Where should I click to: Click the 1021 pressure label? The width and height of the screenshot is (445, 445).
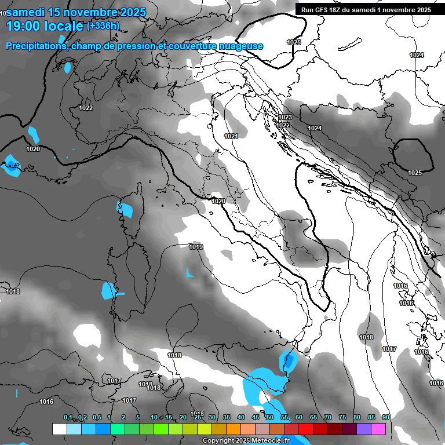[x=231, y=136]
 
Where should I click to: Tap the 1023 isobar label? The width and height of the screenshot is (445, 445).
[x=285, y=118]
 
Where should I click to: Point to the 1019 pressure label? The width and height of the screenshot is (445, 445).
[x=196, y=247]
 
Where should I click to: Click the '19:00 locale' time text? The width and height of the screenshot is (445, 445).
[x=44, y=25]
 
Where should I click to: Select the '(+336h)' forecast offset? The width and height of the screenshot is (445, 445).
[x=103, y=25]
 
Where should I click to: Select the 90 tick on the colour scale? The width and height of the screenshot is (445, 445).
[x=385, y=417]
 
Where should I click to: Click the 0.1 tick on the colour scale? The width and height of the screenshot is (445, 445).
[x=68, y=417]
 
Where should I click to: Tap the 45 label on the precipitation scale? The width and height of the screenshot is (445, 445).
[x=256, y=417]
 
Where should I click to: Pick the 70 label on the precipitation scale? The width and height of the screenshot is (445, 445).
[x=328, y=417]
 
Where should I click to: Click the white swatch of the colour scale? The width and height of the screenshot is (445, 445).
[x=59, y=429]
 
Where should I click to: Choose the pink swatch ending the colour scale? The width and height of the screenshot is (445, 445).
[x=378, y=429]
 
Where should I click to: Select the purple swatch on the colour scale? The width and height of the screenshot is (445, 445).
[x=364, y=429]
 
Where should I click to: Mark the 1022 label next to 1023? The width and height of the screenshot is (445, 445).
[x=283, y=125]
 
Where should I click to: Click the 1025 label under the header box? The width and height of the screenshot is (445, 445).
[x=294, y=42]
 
